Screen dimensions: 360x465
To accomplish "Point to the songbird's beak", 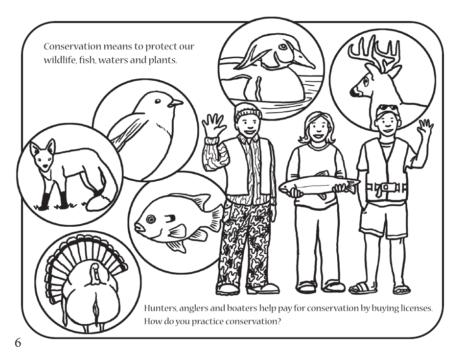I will click(x=176, y=103).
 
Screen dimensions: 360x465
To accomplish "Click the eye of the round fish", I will click(x=151, y=219).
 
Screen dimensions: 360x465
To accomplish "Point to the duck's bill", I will click(x=303, y=61).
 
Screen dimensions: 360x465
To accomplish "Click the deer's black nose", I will click(x=353, y=92).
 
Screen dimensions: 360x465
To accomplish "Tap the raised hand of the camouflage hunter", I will click(x=214, y=126).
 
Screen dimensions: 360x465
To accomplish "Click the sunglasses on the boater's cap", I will click(x=387, y=108).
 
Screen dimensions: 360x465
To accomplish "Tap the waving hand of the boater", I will click(x=425, y=128).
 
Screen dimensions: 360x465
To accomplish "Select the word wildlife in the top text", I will click(x=60, y=62).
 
